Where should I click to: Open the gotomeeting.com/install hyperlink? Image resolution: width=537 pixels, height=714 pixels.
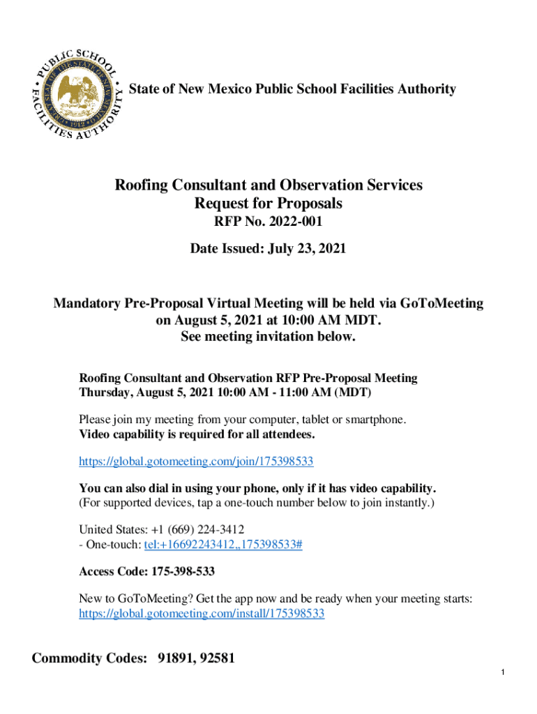(201, 614)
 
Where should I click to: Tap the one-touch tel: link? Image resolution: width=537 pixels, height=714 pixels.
(222, 545)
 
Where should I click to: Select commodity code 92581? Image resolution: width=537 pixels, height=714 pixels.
(217, 658)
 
